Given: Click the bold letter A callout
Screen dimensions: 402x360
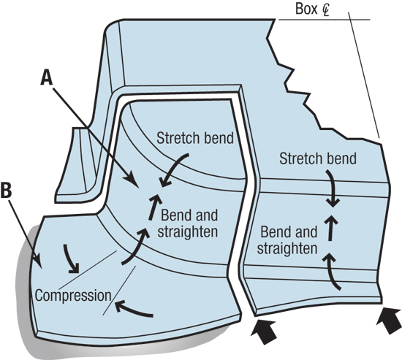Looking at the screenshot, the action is (x=47, y=78).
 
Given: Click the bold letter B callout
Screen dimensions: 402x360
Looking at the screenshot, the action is (x=7, y=190).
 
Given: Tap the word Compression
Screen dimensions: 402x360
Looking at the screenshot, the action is (x=73, y=295).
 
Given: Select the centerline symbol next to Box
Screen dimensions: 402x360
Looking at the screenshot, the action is (x=325, y=9).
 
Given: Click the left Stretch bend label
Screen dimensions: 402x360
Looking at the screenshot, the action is (x=195, y=138).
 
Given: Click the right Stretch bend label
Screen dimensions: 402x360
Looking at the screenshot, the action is (x=318, y=158).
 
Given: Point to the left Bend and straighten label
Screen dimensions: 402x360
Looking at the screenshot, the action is (x=188, y=223).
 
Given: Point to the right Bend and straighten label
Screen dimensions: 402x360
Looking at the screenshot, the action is (x=287, y=240).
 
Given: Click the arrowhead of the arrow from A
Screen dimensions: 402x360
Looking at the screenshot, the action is (x=134, y=180).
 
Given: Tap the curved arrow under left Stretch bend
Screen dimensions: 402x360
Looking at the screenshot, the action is (x=175, y=169).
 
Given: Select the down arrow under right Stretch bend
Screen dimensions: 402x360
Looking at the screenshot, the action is (x=333, y=188).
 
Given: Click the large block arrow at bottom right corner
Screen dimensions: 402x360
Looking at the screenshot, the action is (x=390, y=321).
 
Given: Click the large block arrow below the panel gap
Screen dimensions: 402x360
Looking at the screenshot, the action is (x=264, y=331).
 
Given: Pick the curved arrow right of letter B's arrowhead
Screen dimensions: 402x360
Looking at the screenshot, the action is (x=71, y=258).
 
